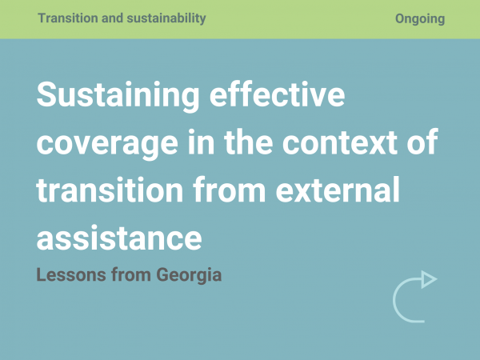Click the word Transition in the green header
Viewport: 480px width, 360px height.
[x=68, y=18]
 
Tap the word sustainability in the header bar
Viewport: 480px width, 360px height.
[x=166, y=18]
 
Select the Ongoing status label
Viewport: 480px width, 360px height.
[x=420, y=19]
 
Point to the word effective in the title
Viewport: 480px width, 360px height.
[x=278, y=94]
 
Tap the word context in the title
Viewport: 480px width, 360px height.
[x=340, y=142]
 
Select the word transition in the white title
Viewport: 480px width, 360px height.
[x=110, y=190]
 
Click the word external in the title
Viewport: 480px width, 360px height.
[x=338, y=190]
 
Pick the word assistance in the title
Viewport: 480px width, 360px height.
[x=119, y=238]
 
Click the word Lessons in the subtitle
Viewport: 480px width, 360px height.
[x=71, y=274]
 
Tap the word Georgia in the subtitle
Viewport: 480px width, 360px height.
[x=189, y=275]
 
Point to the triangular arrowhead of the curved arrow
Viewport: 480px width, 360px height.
[x=429, y=279]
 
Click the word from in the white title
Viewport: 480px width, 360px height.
[x=230, y=190]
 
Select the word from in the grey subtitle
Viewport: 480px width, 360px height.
[x=131, y=274]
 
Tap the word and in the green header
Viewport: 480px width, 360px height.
[x=112, y=18]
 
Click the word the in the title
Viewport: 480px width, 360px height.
[x=248, y=142]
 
